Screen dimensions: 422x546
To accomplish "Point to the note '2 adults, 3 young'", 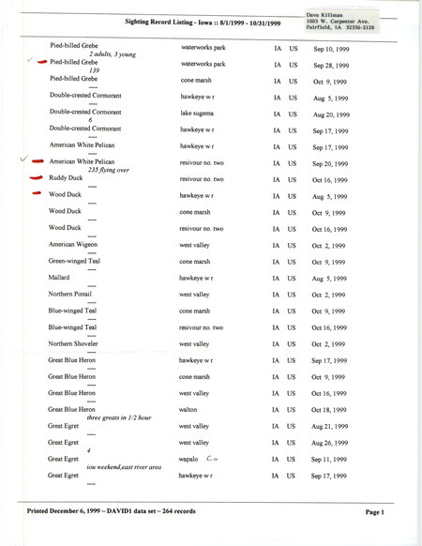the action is coord(105,54).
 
